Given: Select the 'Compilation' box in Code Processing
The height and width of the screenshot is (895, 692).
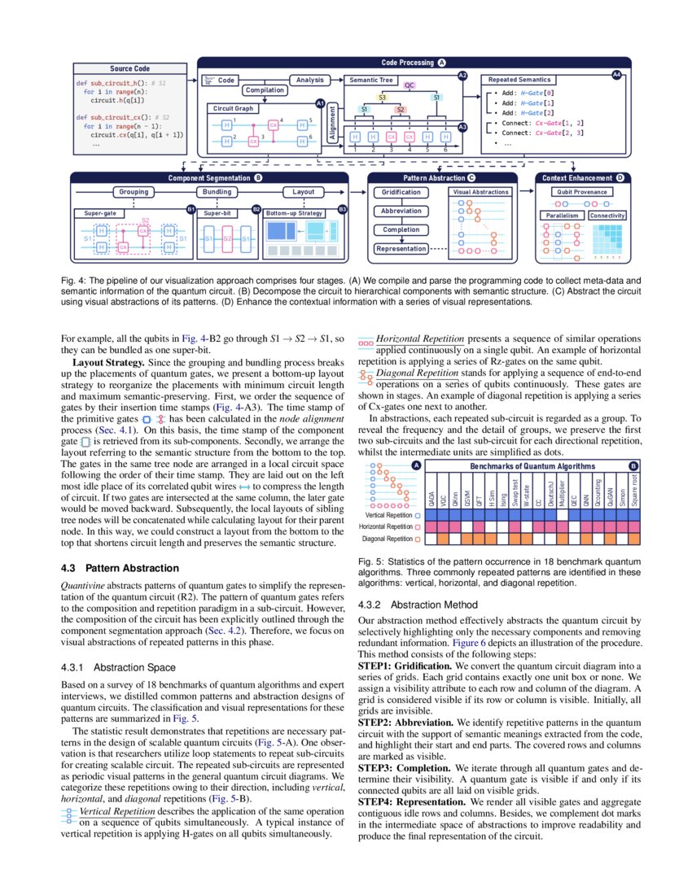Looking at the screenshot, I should coord(265,90).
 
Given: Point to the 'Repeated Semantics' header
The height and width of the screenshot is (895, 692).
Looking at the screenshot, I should coord(519,80).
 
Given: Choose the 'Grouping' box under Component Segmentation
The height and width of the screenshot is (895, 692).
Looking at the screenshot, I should coord(134,192).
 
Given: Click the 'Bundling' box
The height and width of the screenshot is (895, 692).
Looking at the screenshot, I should coord(217,192).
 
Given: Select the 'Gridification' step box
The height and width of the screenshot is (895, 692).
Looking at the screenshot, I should coord(401,192).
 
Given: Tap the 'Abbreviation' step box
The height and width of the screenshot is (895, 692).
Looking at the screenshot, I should coord(401,211).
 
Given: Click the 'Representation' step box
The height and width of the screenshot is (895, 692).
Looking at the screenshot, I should coord(401,248).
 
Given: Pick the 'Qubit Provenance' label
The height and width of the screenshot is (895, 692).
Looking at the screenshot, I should coord(581,192).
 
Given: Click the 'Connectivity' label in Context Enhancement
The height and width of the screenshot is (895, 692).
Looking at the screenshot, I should coord(607,216).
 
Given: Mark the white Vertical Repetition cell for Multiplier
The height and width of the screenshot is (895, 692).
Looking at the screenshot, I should coord(563,514).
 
